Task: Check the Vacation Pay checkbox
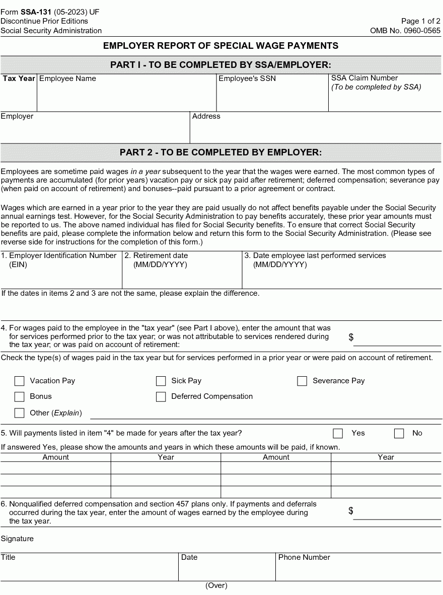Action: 20,381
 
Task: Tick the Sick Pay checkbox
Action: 161,381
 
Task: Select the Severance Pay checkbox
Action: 302,381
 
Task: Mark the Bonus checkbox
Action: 20,397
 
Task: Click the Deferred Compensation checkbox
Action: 161,397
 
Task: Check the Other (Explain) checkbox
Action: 20,413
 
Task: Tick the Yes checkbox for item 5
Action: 338,434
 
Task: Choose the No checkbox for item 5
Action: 399,434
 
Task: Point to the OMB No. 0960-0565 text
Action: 405,31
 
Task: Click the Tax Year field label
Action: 19,78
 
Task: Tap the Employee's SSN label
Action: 247,78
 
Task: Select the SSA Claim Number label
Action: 364,78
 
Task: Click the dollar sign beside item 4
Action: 351,337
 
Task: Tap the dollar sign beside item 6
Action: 351,511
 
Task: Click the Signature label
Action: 17,539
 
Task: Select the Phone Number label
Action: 304,557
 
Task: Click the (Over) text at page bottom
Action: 216,585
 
